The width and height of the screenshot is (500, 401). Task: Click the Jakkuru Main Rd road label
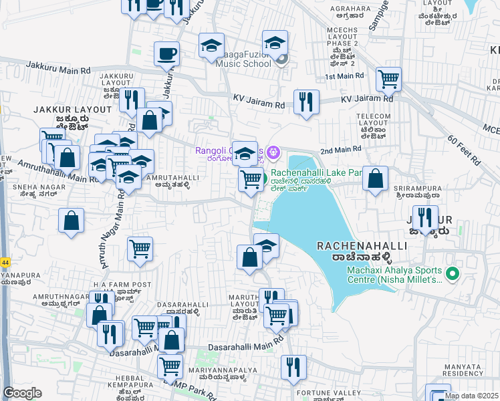click(x=58, y=69)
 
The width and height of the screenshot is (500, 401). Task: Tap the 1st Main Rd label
click(x=343, y=77)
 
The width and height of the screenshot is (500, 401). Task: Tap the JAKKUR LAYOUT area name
click(x=74, y=109)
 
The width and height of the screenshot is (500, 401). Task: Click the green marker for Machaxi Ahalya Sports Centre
click(x=453, y=274)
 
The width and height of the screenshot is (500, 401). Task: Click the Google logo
click(x=22, y=393)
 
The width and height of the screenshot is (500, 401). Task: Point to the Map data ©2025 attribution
click(x=471, y=396)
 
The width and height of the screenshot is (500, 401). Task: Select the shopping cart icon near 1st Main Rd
click(x=388, y=80)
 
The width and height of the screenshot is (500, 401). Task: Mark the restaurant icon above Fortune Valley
click(x=293, y=367)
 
